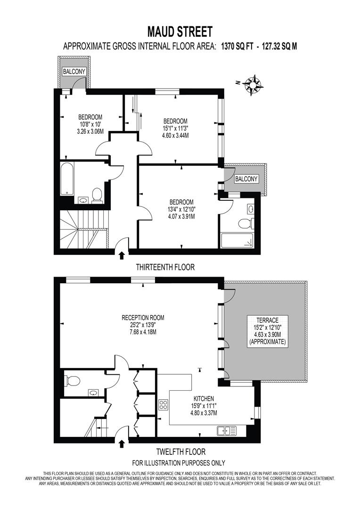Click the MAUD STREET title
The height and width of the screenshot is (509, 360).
tap(180, 32)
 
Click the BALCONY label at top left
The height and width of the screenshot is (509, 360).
tap(73, 72)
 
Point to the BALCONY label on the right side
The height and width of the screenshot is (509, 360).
tap(246, 179)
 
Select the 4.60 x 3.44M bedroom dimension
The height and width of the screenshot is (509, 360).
tap(175, 135)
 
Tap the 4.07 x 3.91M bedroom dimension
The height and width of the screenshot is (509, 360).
tap(181, 216)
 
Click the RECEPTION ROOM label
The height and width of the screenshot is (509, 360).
tap(143, 317)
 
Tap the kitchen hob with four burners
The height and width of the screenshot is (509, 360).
tap(164, 405)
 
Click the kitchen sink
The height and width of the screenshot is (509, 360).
tap(227, 430)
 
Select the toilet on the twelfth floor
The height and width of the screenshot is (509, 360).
tap(71, 380)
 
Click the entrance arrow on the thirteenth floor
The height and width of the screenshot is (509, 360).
tap(122, 255)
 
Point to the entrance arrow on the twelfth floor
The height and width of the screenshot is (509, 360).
tap(122, 443)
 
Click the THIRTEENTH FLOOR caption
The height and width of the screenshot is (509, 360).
tap(165, 267)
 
